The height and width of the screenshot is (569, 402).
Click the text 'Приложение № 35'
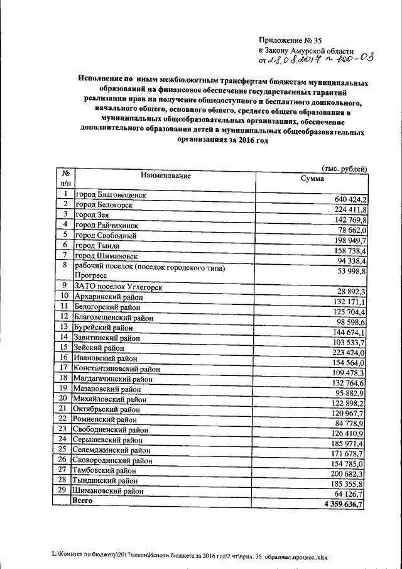[x=290, y=40]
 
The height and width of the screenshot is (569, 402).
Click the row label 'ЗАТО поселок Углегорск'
[x=118, y=287]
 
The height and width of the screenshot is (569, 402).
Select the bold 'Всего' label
[x=83, y=500]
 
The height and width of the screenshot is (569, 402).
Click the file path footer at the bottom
[x=189, y=557]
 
